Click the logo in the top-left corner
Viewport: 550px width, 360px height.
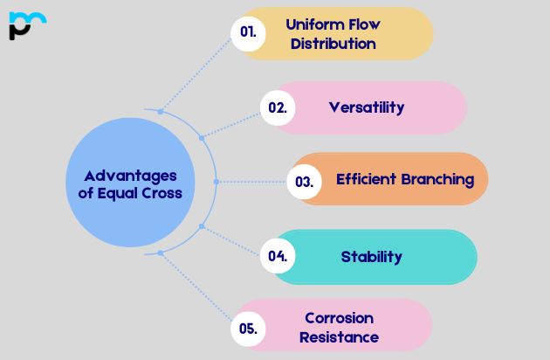tap(26, 25)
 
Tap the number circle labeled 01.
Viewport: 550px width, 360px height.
tap(248, 32)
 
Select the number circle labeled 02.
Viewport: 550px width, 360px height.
tap(278, 108)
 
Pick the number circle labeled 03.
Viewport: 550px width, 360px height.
tap(304, 182)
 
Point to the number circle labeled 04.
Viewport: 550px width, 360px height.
tap(278, 256)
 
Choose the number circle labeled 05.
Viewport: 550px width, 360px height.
tap(248, 329)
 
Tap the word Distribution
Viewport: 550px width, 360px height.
tap(333, 43)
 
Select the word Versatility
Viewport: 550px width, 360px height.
tap(367, 107)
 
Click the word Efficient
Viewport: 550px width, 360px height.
tap(367, 179)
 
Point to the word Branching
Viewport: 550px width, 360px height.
tap(438, 179)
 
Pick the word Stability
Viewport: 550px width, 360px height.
tap(371, 256)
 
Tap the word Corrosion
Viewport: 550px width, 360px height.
tap(339, 318)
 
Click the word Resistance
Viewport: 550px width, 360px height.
tap(339, 336)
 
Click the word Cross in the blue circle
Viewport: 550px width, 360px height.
tap(162, 193)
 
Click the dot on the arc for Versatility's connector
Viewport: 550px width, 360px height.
tap(202, 137)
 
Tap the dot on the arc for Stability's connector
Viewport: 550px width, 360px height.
tap(202, 226)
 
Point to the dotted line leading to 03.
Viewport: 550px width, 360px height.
tap(253, 182)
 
